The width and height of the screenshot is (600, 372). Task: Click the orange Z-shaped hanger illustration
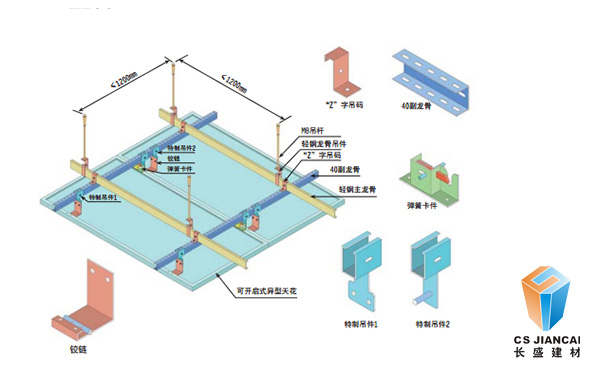[343, 73]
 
